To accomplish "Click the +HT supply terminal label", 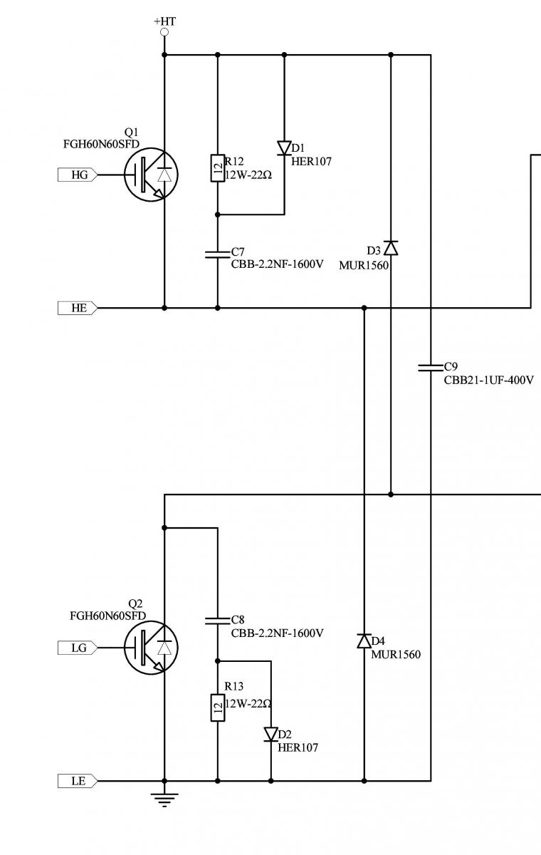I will [x=164, y=21].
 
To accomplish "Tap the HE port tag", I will [x=78, y=308].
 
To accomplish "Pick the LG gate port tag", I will [x=78, y=647].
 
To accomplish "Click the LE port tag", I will [x=78, y=781].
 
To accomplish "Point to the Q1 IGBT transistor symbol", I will [x=151, y=175].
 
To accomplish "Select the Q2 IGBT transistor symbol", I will [x=151, y=647].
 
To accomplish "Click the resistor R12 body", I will [x=218, y=168].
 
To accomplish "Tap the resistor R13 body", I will [x=218, y=708].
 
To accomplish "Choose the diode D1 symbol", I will [x=284, y=148].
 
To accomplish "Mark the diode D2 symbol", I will [x=270, y=734].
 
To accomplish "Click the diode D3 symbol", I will [x=390, y=248].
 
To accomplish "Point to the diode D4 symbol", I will [x=364, y=641].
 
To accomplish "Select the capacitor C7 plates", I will [x=218, y=254].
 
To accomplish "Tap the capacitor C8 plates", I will [x=218, y=621].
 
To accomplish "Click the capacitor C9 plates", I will [x=431, y=368].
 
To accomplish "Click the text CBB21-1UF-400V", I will [x=488, y=380].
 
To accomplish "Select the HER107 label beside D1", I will [x=311, y=162].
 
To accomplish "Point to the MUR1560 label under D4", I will [x=396, y=654].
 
